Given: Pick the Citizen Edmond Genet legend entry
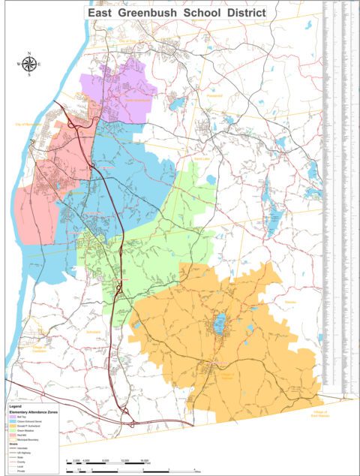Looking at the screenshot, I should click(26, 421).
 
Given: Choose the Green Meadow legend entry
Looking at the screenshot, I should click(23, 430).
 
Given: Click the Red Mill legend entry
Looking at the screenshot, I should click(19, 435).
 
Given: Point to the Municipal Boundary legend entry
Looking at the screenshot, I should click(26, 439).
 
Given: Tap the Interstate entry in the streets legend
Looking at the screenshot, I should click(21, 448).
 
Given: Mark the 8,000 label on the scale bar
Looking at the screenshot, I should click(105, 459).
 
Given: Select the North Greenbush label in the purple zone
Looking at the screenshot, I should click(137, 99).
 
